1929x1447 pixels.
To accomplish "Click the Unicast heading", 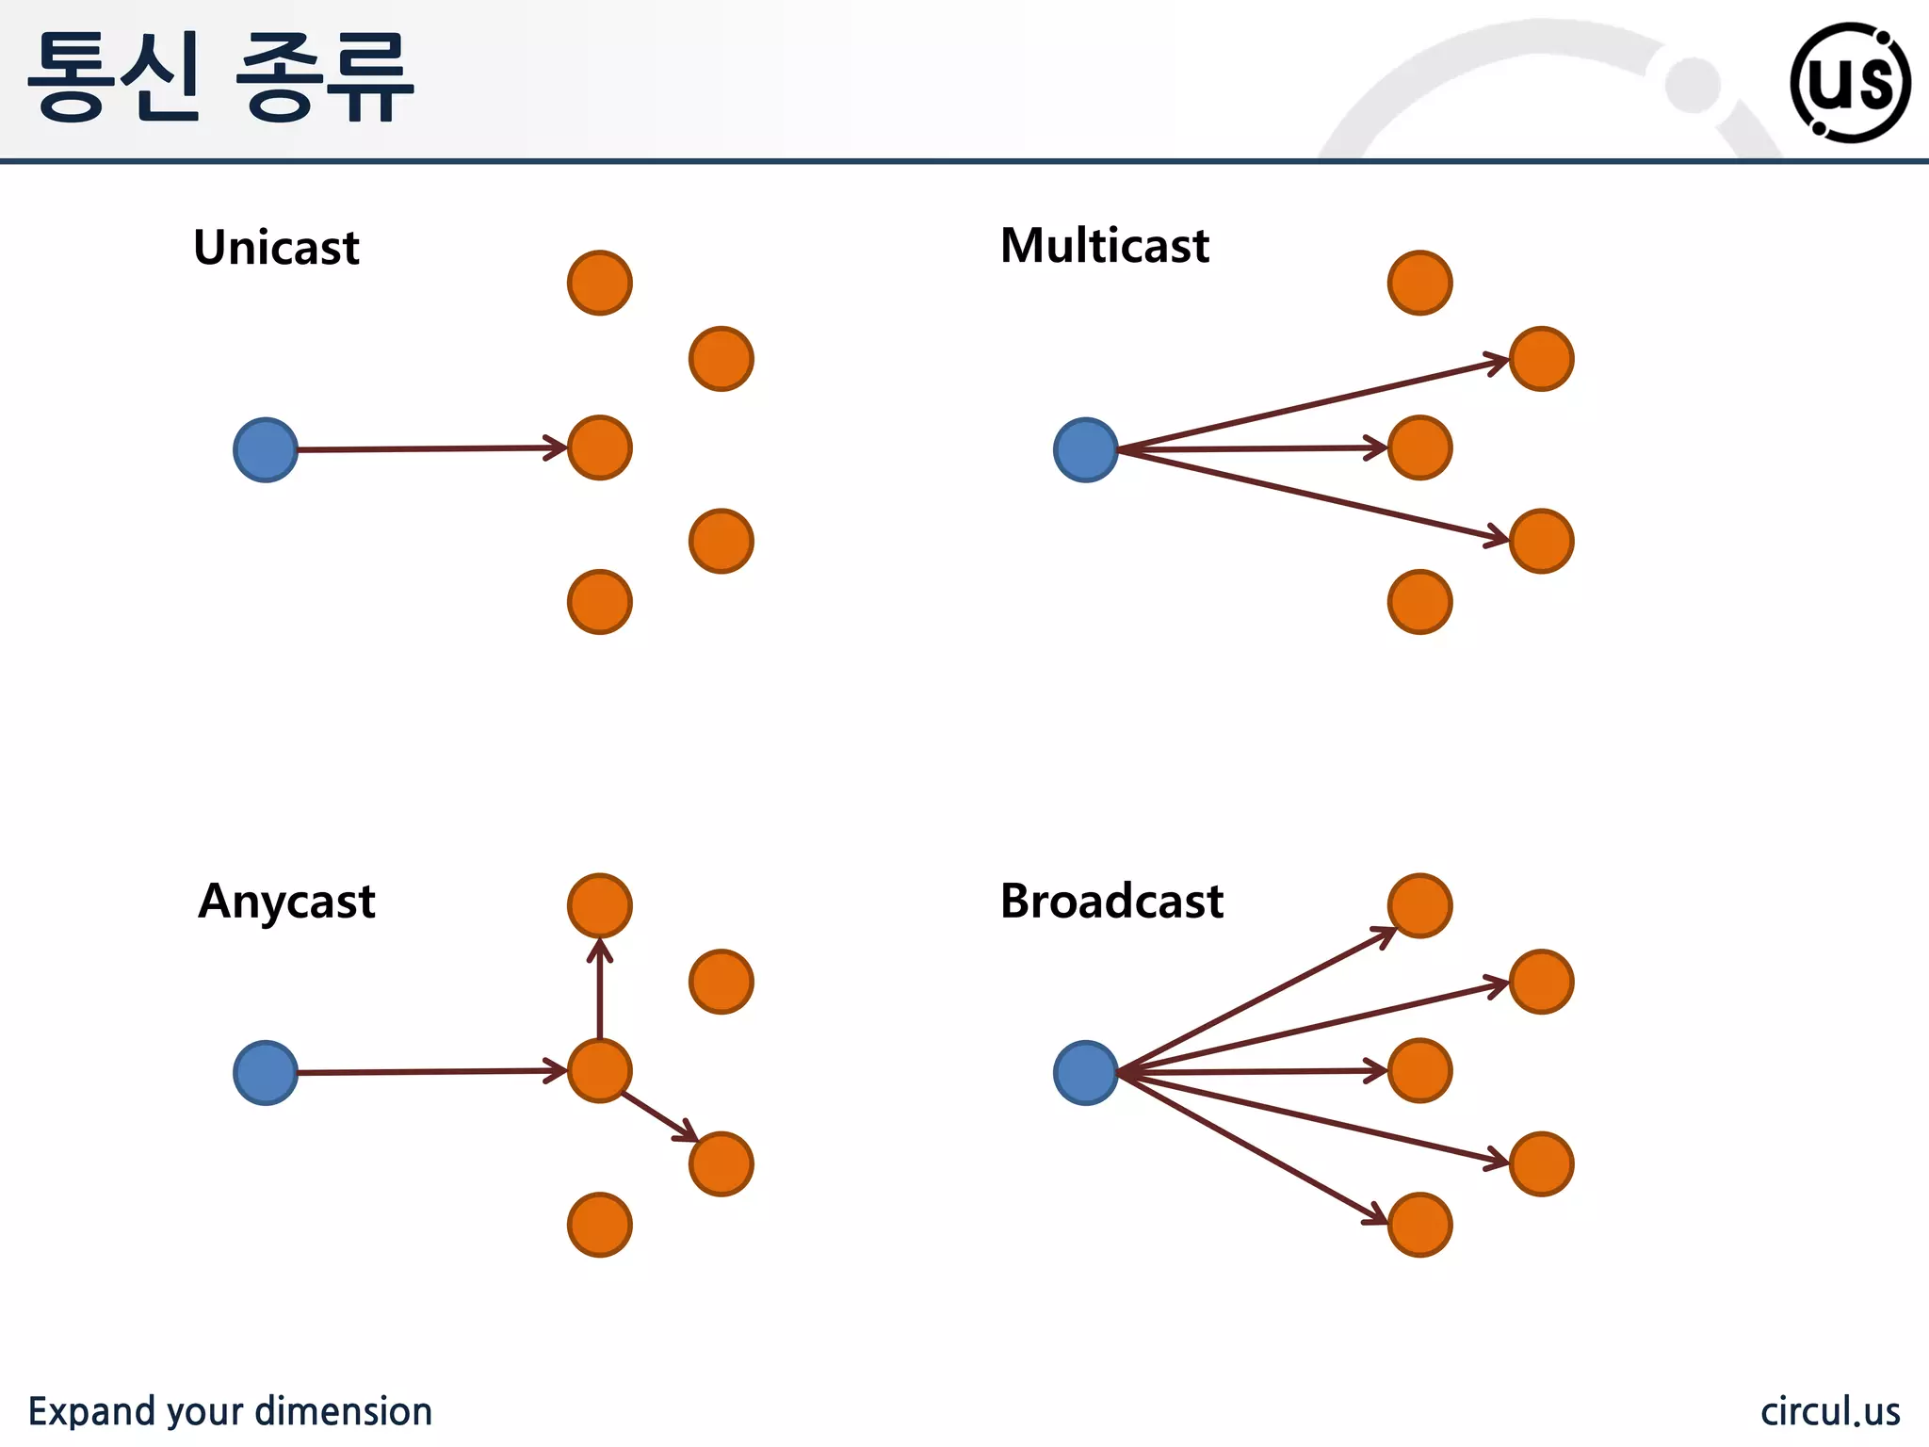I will pos(276,248).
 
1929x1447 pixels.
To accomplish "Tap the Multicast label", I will pos(1104,246).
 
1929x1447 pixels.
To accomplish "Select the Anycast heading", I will pos(286,902).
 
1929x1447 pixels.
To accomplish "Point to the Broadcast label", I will pos(1111,901).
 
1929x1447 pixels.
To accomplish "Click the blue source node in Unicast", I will pos(266,450).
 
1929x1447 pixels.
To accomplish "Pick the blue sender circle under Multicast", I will pos(1086,450).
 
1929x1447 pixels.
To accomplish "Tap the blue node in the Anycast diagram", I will pos(266,1073).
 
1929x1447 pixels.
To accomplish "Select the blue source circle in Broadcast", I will pos(1086,1073).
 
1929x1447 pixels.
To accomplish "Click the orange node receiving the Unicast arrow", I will pos(600,447).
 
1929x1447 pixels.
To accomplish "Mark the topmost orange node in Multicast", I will pos(1420,283).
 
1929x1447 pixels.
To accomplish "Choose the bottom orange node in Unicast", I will pos(600,602).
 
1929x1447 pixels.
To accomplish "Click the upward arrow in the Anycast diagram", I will pos(600,989).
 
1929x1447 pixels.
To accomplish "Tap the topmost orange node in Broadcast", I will pos(1420,905).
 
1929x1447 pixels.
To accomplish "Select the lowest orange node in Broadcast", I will pos(1420,1225).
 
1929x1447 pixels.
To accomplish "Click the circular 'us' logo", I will pos(1850,83).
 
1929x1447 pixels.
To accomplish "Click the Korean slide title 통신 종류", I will pos(221,77).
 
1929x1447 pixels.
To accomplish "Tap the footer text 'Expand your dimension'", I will pos(230,1411).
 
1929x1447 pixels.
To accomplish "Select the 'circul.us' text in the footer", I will pos(1830,1411).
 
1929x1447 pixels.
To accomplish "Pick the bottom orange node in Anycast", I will pos(600,1225).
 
